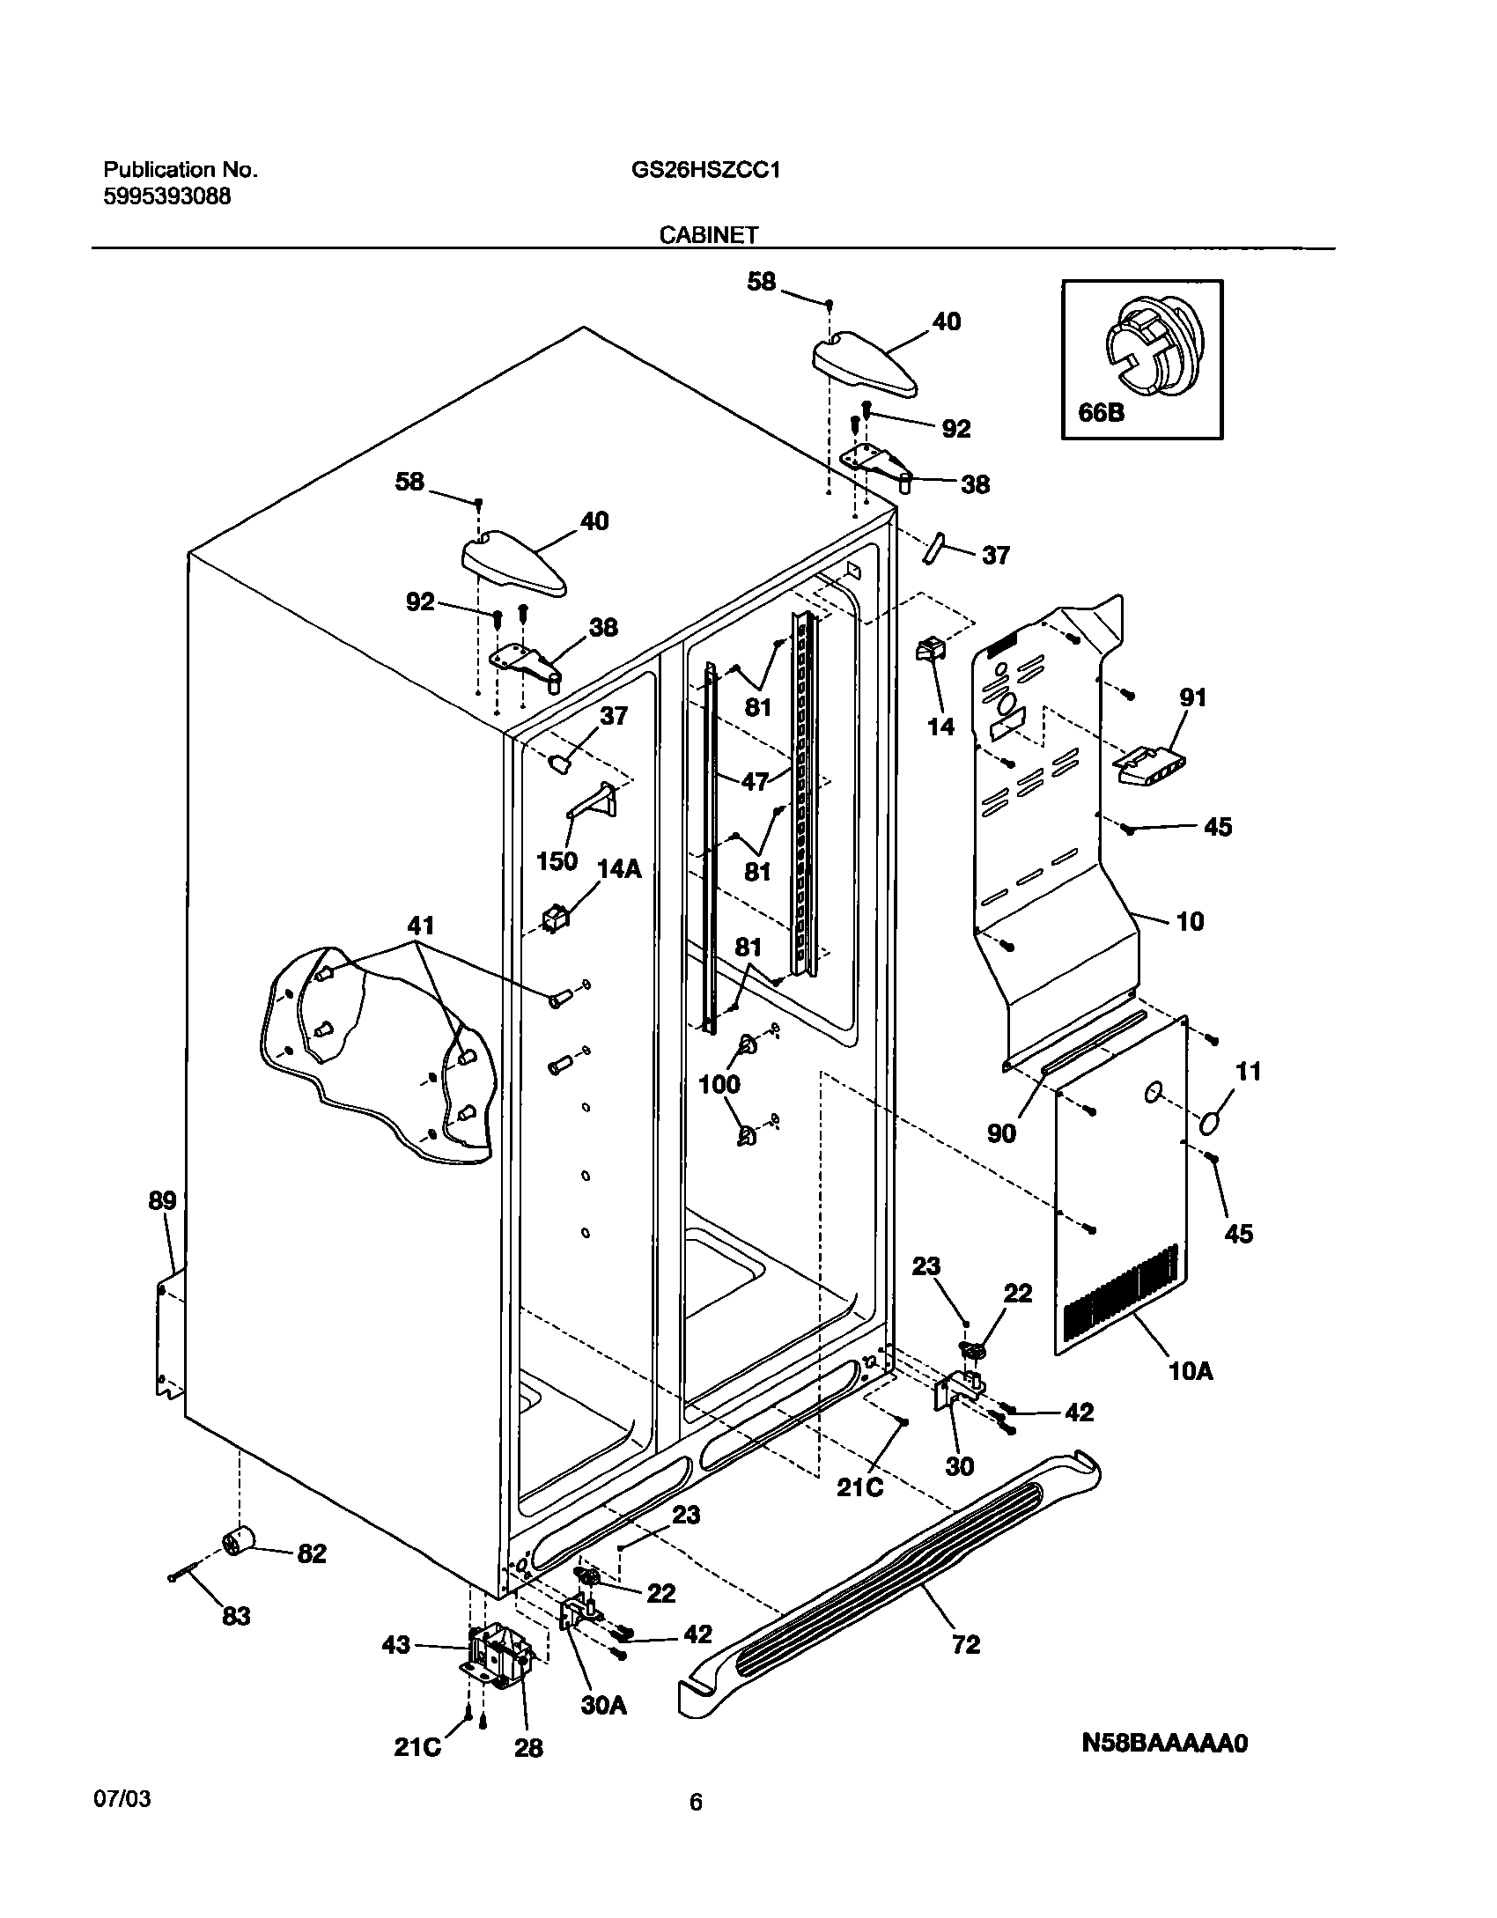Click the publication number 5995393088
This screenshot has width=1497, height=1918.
pyautogui.click(x=167, y=196)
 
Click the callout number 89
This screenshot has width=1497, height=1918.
pyautogui.click(x=162, y=1200)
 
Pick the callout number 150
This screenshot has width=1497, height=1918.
pyautogui.click(x=557, y=860)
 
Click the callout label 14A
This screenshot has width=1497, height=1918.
pyautogui.click(x=619, y=869)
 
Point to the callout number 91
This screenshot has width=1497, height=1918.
pyautogui.click(x=1193, y=698)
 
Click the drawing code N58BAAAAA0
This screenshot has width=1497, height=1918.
pyautogui.click(x=1164, y=1743)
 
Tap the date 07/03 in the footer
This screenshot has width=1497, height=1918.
pyautogui.click(x=122, y=1798)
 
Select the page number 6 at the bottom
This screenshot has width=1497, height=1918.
pyautogui.click(x=696, y=1803)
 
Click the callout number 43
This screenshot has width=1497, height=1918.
pyautogui.click(x=396, y=1644)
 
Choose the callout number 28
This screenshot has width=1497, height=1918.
pyautogui.click(x=528, y=1748)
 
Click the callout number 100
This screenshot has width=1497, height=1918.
pyautogui.click(x=719, y=1084)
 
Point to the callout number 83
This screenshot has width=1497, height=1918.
pyautogui.click(x=236, y=1616)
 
